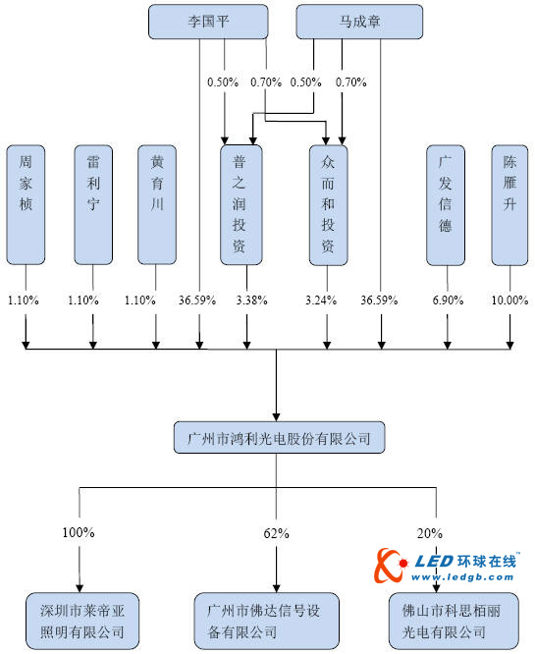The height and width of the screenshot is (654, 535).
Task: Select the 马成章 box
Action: pos(359,22)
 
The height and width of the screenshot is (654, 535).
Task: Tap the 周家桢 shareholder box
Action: pos(26,204)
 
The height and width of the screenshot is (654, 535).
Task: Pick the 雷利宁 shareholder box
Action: pos(94,204)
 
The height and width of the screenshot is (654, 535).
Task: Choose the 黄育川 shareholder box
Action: pos(157,204)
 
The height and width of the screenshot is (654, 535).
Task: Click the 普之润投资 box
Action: pos(240,204)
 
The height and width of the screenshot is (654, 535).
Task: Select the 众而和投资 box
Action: pos(329,204)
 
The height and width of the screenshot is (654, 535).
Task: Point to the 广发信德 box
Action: pos(446,204)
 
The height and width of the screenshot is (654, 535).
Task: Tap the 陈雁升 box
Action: pos(509,204)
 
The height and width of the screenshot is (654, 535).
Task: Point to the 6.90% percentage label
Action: pos(446,300)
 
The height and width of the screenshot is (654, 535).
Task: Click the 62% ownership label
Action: pos(276,533)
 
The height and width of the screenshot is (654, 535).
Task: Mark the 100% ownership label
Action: pos(78,533)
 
